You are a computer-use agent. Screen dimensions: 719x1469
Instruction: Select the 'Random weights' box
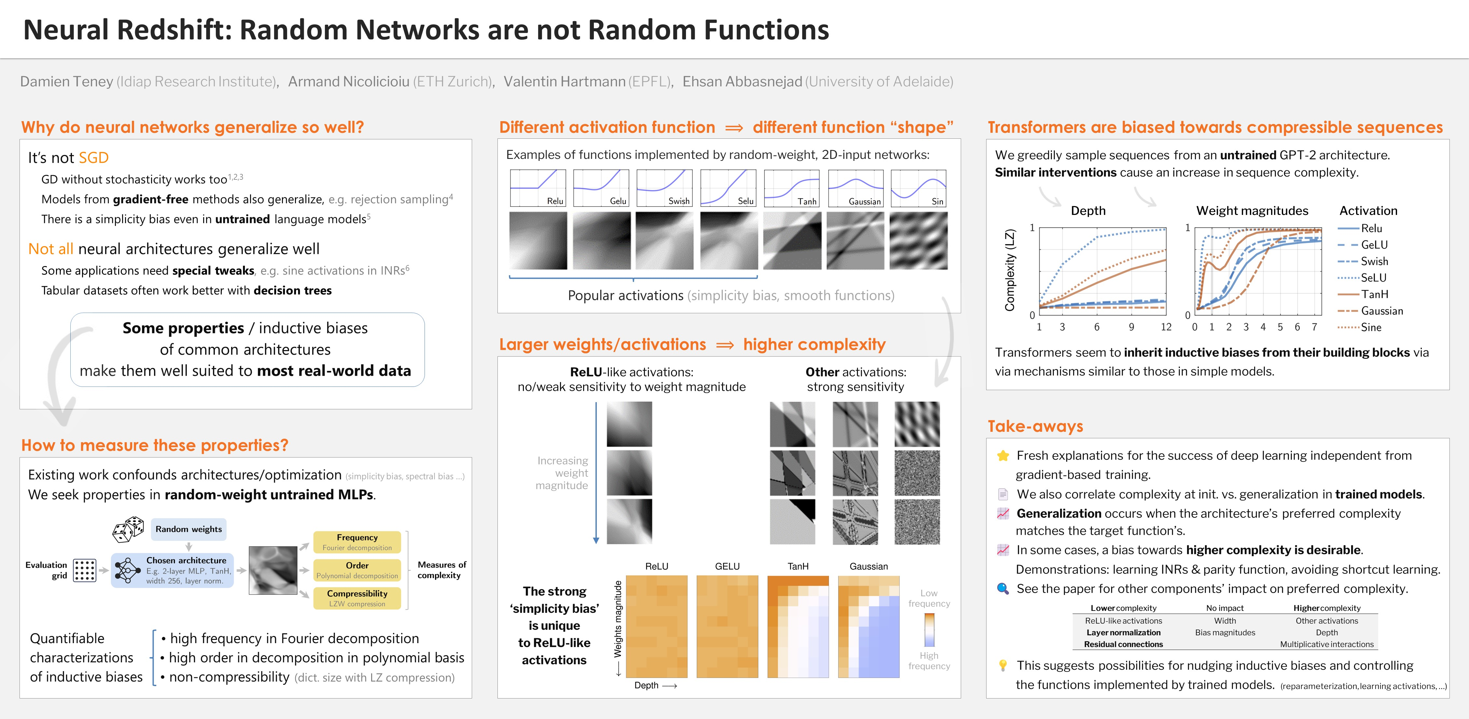pyautogui.click(x=189, y=529)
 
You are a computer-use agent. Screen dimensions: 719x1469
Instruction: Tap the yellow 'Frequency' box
pyautogui.click(x=357, y=542)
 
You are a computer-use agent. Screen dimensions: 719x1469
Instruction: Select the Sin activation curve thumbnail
pyautogui.click(x=918, y=188)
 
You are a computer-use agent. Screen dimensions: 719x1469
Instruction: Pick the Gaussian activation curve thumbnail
pyautogui.click(x=855, y=188)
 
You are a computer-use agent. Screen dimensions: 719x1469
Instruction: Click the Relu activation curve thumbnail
pyautogui.click(x=538, y=188)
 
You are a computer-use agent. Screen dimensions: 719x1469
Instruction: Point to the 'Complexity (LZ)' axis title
pyautogui.click(x=1010, y=270)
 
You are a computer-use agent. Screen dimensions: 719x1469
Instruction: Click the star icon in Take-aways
pyautogui.click(x=1002, y=456)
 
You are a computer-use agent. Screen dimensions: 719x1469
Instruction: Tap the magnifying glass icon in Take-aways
pyautogui.click(x=1002, y=588)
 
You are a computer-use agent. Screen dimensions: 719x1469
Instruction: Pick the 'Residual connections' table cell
pyautogui.click(x=1124, y=644)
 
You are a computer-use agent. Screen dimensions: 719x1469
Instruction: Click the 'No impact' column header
pyautogui.click(x=1225, y=608)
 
